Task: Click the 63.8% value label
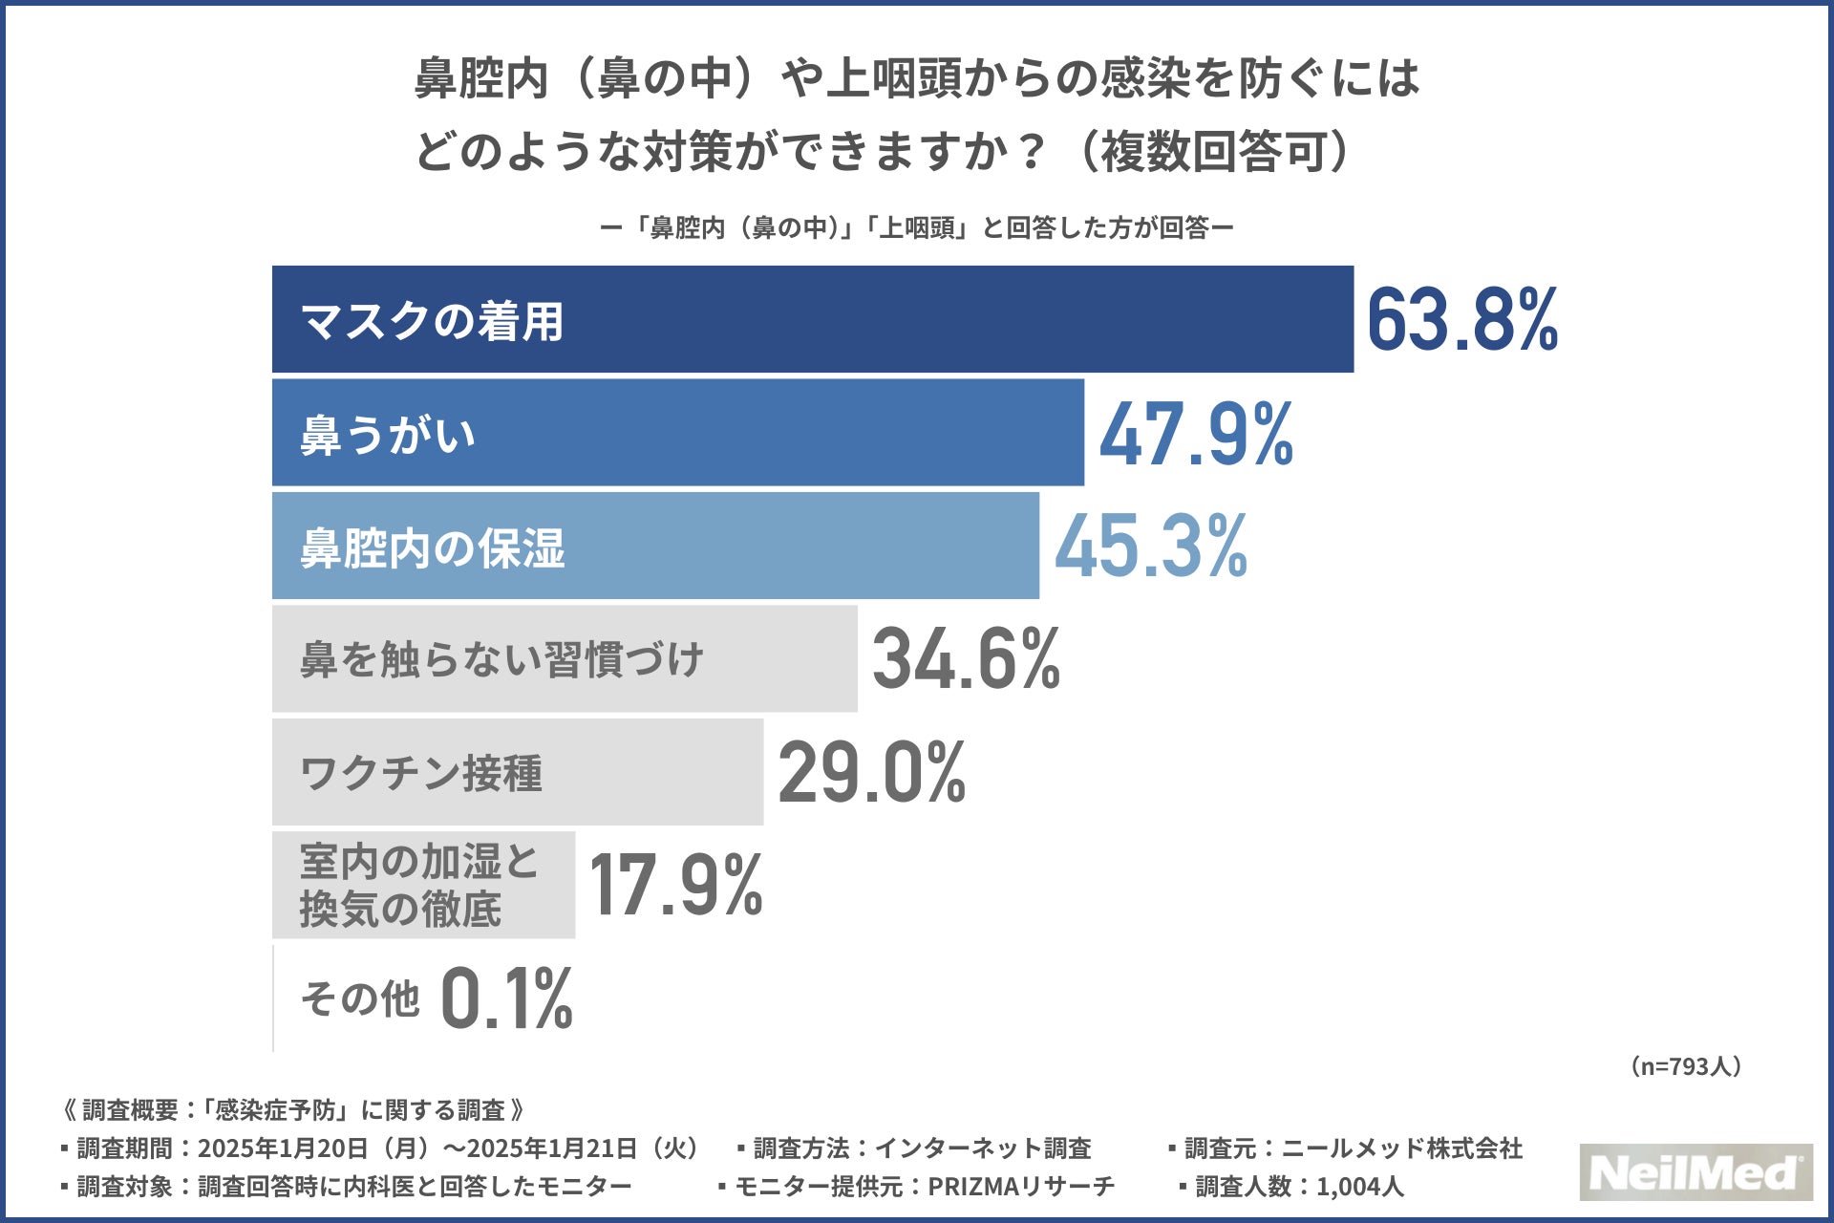[x=1461, y=320]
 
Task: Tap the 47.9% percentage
[x=1196, y=435]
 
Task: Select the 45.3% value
[x=1151, y=547]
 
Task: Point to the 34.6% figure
[x=966, y=659]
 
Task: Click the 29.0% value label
[x=872, y=772]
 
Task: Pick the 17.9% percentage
[x=675, y=885]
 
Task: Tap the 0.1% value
[x=506, y=998]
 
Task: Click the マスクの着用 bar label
[x=432, y=321]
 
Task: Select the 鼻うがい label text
[x=387, y=435]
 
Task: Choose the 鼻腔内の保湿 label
[x=432, y=548]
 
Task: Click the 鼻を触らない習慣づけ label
[x=501, y=660]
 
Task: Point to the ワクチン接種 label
[x=420, y=773]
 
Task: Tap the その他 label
[x=359, y=999]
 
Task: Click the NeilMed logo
[x=1695, y=1172]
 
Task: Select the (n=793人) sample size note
[x=1686, y=1066]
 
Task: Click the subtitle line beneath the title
[x=916, y=227]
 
